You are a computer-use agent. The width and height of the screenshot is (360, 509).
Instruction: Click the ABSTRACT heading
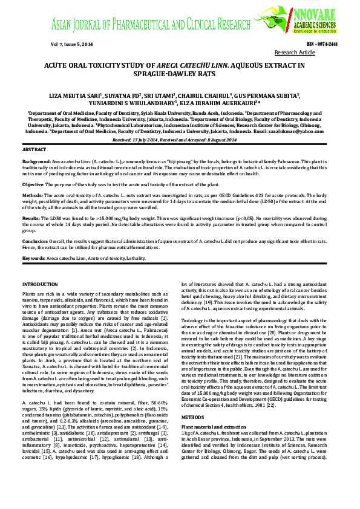click(x=34, y=149)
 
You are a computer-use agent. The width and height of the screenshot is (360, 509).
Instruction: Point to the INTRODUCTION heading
click(x=40, y=284)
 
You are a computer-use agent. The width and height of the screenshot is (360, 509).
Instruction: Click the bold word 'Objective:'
click(x=33, y=184)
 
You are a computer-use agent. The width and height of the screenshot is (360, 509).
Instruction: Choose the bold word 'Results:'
click(x=31, y=217)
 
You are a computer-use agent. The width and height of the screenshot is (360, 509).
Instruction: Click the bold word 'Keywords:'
click(x=34, y=258)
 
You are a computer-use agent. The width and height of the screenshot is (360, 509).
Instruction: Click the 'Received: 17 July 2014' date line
click(x=180, y=140)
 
